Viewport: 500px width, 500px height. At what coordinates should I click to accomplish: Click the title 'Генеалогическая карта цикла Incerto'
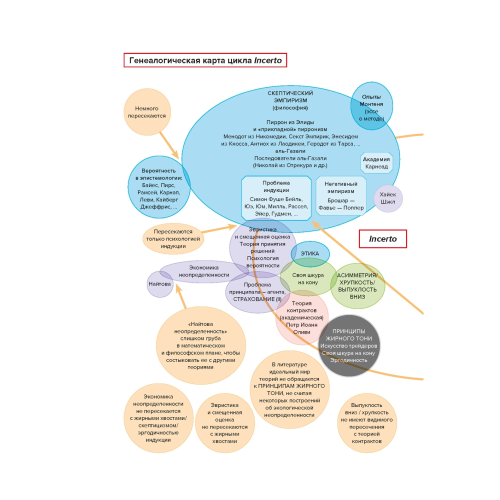click(x=205, y=60)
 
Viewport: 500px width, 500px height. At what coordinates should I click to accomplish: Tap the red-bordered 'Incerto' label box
click(x=382, y=238)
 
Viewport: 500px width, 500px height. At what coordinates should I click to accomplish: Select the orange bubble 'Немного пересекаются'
click(x=147, y=112)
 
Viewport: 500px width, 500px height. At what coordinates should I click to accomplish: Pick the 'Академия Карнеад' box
click(x=375, y=162)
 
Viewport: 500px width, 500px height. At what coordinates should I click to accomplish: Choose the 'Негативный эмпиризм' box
click(x=341, y=195)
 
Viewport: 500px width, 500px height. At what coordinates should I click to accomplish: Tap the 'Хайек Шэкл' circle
click(x=388, y=198)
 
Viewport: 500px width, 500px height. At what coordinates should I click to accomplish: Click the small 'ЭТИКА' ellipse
click(x=310, y=253)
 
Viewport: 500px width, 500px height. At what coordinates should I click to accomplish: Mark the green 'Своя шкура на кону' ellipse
click(x=308, y=278)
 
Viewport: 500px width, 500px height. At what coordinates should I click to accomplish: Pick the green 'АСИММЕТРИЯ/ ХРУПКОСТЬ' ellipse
click(x=357, y=286)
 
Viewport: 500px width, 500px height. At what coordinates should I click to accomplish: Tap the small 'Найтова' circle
click(x=159, y=284)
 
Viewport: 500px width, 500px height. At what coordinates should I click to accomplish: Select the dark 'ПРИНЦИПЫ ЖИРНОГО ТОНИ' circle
click(x=349, y=345)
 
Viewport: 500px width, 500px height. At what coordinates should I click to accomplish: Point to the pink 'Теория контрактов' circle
click(x=301, y=317)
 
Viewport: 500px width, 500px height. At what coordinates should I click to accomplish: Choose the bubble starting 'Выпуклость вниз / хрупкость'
click(x=367, y=423)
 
